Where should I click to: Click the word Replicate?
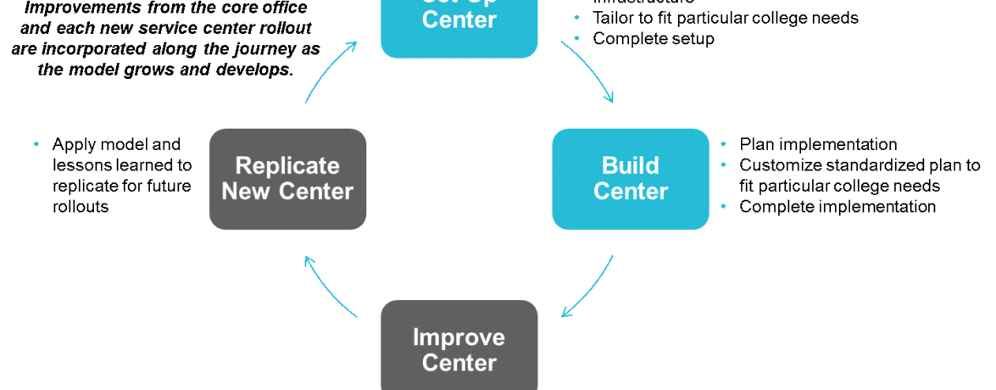pyautogui.click(x=287, y=165)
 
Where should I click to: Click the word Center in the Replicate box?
pyautogui.click(x=316, y=192)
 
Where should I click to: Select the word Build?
pyautogui.click(x=630, y=165)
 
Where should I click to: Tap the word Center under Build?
pyautogui.click(x=630, y=192)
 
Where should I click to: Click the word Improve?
pyautogui.click(x=459, y=337)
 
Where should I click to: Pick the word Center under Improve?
pyautogui.click(x=459, y=363)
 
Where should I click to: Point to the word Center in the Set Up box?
pyautogui.click(x=459, y=19)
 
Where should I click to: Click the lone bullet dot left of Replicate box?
pyautogui.click(x=36, y=144)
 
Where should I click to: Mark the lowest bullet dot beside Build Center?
pyautogui.click(x=723, y=206)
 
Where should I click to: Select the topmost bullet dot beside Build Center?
pyautogui.click(x=723, y=144)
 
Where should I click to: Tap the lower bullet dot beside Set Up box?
pyautogui.click(x=577, y=38)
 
